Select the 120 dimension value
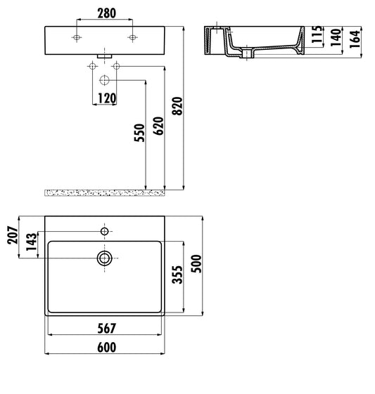point(106,98)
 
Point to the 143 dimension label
point(31,242)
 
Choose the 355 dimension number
point(177,276)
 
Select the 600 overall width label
point(106,347)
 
